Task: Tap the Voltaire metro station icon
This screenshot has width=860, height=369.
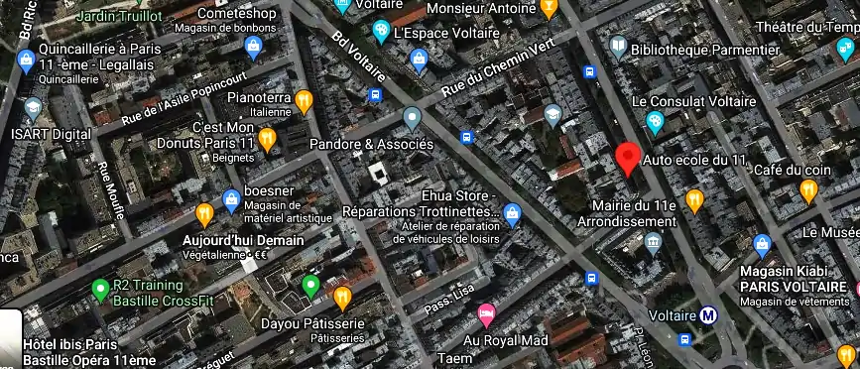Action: point(708,316)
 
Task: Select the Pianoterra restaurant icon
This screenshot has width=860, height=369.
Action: point(305,99)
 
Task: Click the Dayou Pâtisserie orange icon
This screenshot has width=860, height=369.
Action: point(343,297)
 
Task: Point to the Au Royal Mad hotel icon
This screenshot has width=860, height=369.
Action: point(486,315)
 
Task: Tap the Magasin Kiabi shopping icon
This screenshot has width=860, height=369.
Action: point(762,244)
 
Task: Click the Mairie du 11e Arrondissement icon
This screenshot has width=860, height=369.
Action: point(653,242)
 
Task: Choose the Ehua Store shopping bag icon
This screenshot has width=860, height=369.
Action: point(512,211)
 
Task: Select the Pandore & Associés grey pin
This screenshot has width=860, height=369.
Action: point(413,120)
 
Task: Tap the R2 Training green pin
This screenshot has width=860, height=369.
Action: point(99,291)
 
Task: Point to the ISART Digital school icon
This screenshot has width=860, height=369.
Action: point(33,107)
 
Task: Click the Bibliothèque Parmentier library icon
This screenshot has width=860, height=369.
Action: point(618,47)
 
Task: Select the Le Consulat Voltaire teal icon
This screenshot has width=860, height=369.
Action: point(654,122)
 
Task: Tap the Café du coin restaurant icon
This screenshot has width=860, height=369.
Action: point(809,190)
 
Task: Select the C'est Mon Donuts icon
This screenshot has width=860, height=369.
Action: point(267,138)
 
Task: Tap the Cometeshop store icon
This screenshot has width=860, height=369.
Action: point(253,46)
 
